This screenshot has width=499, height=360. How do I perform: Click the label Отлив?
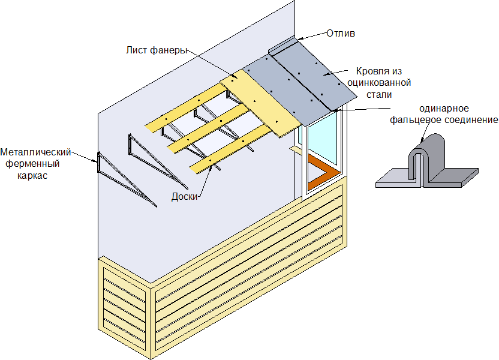(x=341, y=33)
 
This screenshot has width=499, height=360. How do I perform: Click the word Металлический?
(x=36, y=151)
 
